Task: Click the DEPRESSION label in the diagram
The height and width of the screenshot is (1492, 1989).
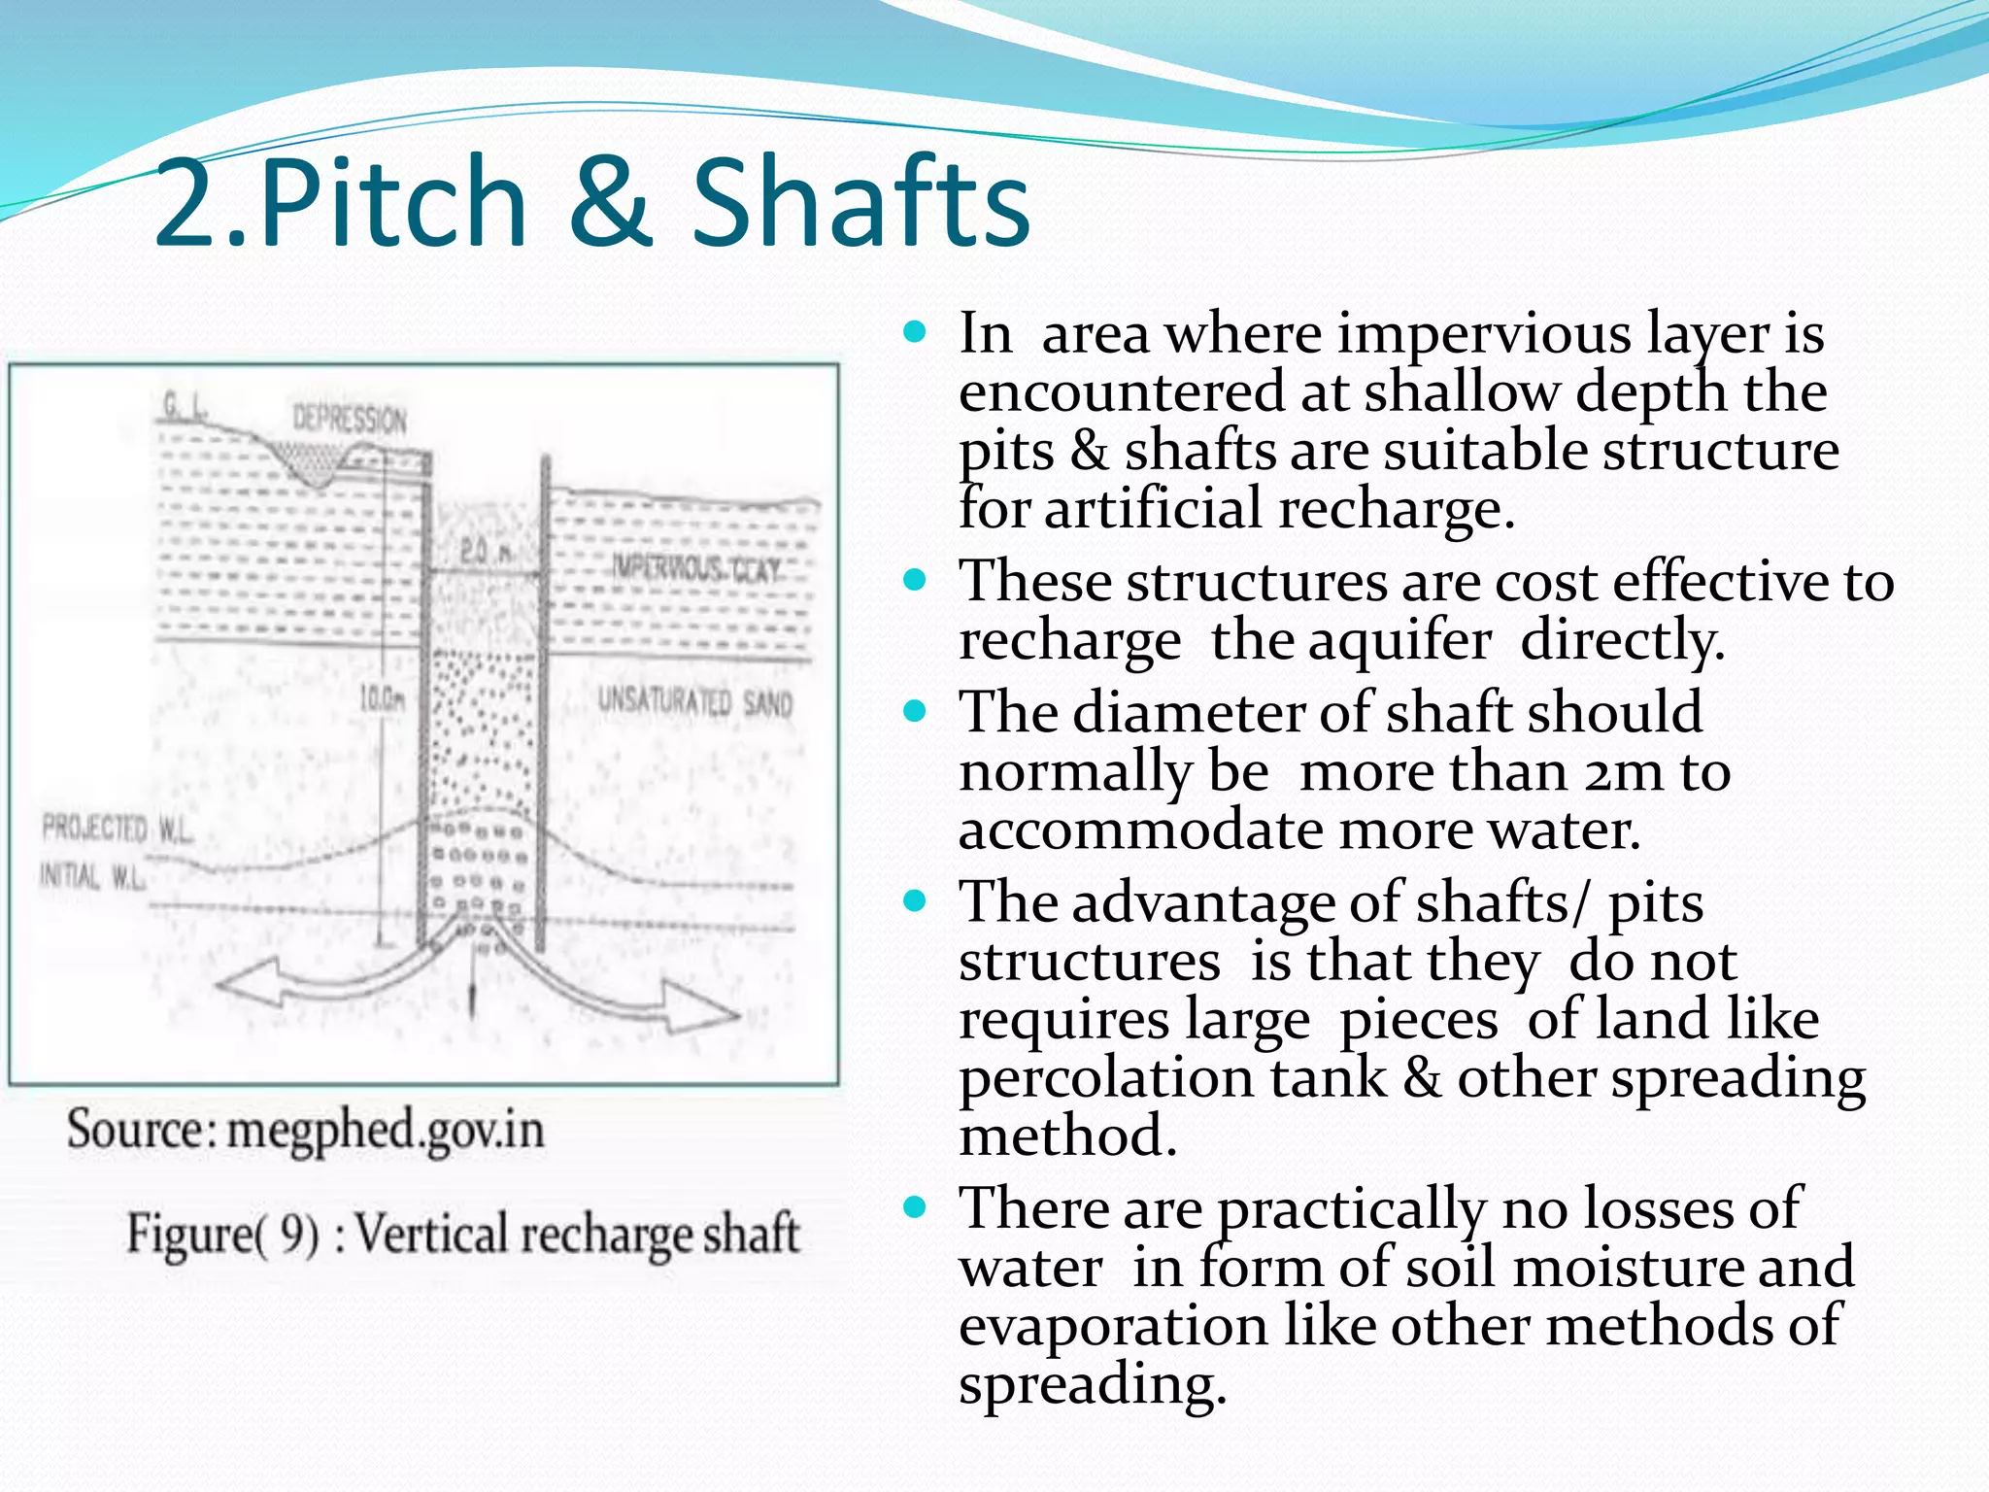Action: pyautogui.click(x=350, y=420)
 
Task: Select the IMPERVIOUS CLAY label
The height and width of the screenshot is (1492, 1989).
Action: pyautogui.click(x=695, y=569)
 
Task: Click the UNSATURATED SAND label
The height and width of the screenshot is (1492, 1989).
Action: pyautogui.click(x=694, y=701)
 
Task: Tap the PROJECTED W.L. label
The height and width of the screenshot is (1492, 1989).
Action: pyautogui.click(x=117, y=830)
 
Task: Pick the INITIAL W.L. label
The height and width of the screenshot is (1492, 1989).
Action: pyautogui.click(x=92, y=877)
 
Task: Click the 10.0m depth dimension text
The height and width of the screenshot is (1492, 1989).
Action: pyautogui.click(x=381, y=698)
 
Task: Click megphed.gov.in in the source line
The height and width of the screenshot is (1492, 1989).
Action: pyautogui.click(x=385, y=1130)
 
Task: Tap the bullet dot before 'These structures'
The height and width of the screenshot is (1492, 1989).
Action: pyautogui.click(x=915, y=582)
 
